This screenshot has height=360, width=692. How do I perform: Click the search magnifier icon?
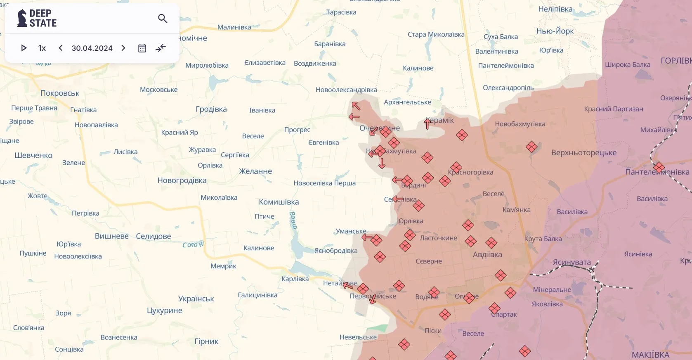pos(163,19)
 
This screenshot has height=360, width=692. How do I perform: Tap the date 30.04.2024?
pos(92,48)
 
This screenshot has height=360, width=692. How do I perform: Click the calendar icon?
pos(142,48)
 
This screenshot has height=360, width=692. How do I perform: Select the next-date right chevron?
pos(123,48)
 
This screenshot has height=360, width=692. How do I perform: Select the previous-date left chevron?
pos(61,48)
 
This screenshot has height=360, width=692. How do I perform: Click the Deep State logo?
pos(37,19)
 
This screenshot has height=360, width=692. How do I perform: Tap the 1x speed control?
pos(42,48)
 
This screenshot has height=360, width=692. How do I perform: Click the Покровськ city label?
pos(60,93)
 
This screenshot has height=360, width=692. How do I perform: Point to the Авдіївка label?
pos(487,255)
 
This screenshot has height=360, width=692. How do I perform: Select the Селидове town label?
pos(154,236)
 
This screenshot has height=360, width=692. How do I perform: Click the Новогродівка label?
pos(182,180)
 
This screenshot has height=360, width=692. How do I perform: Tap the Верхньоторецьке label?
pos(584,153)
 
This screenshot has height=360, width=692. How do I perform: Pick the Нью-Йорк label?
pos(555,31)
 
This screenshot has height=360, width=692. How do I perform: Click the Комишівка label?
pos(279,202)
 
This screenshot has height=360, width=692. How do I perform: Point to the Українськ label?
pos(196,298)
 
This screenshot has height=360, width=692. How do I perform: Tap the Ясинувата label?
pos(572,262)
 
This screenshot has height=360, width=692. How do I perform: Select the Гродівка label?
pos(211,109)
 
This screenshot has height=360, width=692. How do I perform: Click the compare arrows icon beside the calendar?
pos(161,48)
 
